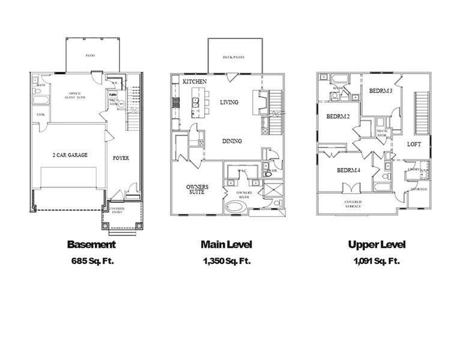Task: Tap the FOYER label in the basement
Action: (x=121, y=158)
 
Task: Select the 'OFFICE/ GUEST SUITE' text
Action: (x=75, y=96)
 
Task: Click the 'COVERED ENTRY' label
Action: (x=117, y=211)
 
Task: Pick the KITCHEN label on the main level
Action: (x=195, y=81)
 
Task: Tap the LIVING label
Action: (x=228, y=102)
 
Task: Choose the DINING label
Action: (x=232, y=141)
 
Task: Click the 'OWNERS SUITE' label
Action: (x=197, y=190)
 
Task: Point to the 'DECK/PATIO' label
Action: (x=234, y=57)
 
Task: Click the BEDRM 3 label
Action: (x=380, y=91)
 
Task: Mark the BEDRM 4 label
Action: (x=348, y=170)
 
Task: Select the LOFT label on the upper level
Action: (x=414, y=144)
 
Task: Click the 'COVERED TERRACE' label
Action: (x=353, y=204)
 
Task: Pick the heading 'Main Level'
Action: (x=226, y=244)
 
